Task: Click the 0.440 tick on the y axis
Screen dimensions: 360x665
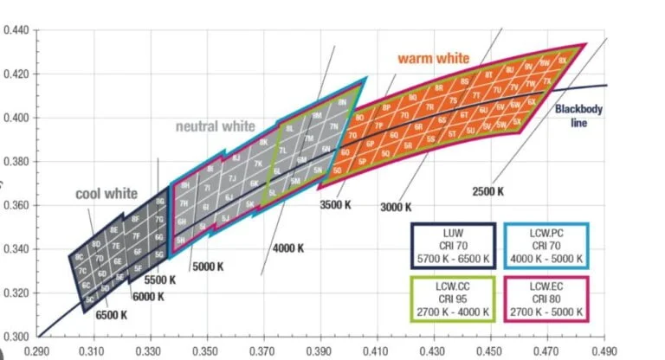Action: (16, 30)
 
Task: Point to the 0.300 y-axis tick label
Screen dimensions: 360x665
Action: (16, 336)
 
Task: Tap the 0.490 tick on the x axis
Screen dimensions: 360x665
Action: (604, 352)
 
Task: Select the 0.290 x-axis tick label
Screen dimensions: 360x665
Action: (38, 352)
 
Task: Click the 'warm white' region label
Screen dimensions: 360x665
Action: (433, 59)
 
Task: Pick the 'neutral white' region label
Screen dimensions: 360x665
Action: (216, 126)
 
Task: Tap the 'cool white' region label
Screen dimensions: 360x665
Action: (107, 193)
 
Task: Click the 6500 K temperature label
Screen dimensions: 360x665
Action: (112, 315)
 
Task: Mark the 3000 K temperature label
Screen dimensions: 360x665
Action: (397, 207)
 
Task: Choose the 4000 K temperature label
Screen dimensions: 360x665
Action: (288, 248)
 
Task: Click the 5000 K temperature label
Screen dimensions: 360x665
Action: (207, 266)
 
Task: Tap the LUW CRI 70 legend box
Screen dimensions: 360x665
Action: (453, 247)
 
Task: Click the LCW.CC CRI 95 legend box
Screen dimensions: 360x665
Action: (453, 299)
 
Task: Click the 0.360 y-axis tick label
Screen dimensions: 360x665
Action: (16, 205)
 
